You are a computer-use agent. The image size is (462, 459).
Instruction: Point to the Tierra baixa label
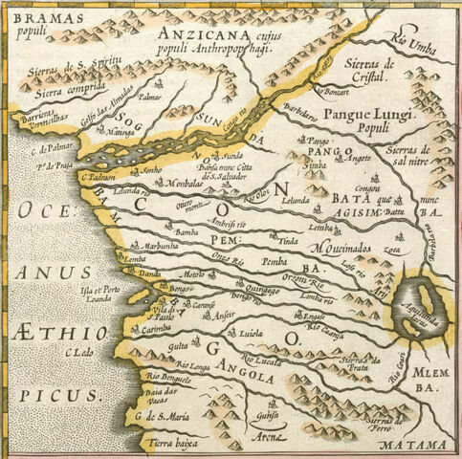tap(176, 444)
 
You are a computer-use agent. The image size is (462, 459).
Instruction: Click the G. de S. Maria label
tap(158, 415)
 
